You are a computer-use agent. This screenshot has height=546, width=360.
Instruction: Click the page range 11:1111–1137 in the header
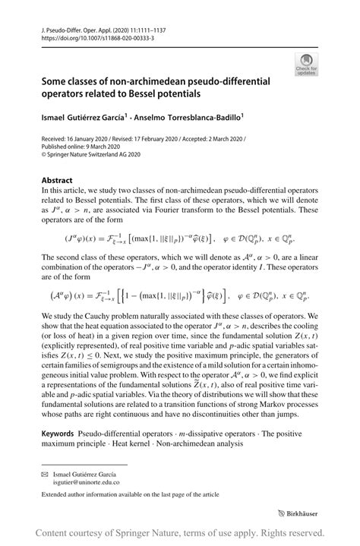pyautogui.click(x=130, y=27)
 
